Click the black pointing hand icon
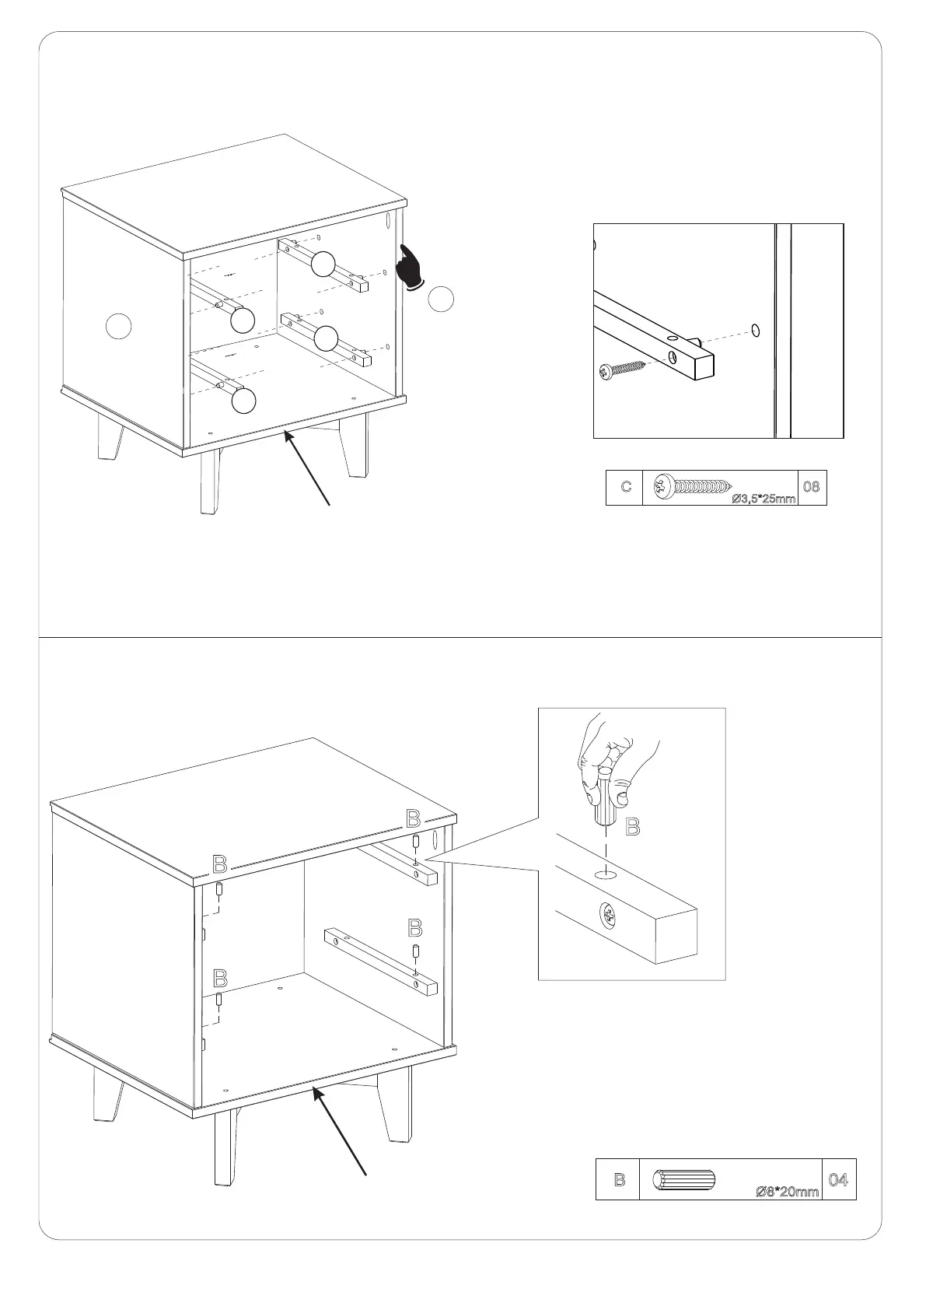(411, 268)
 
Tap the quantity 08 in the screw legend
(812, 486)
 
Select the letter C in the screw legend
(626, 486)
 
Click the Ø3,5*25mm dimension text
(764, 499)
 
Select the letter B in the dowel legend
(620, 1179)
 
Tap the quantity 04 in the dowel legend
(838, 1179)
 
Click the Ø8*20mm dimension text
(788, 1191)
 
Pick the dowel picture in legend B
(684, 1177)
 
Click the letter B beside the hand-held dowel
(633, 827)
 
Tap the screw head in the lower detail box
(609, 916)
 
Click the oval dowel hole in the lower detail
(606, 875)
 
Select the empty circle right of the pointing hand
(441, 299)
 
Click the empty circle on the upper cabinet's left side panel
(119, 326)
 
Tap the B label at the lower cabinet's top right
(414, 819)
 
